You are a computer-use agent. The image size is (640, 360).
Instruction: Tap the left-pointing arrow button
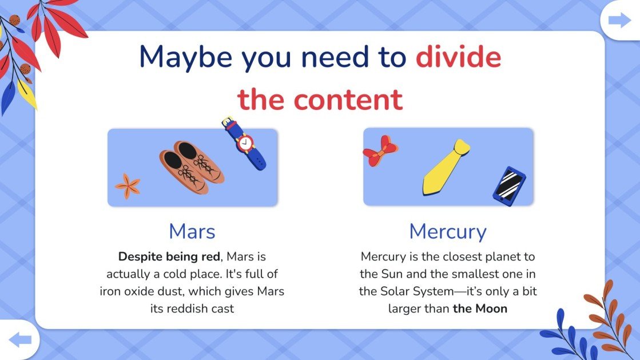(x=20, y=341)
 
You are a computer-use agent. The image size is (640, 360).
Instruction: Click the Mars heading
(x=192, y=231)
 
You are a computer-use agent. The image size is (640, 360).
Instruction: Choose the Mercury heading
(x=448, y=232)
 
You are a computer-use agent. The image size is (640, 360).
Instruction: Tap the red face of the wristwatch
(x=246, y=143)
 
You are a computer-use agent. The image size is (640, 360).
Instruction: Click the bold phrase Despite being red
(x=169, y=256)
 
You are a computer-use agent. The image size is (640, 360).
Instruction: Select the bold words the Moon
(x=480, y=308)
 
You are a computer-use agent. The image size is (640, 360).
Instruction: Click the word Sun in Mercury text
(x=391, y=274)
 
